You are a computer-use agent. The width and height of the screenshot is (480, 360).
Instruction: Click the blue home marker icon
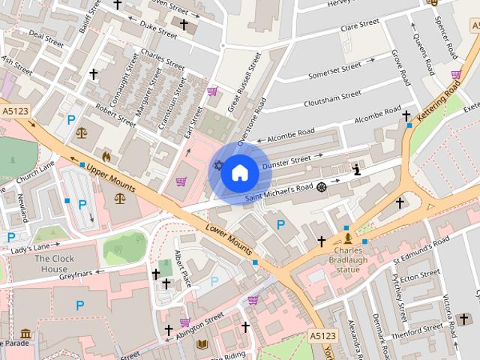click(239, 173)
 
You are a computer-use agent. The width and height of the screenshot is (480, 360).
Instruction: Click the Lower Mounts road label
click(228, 235)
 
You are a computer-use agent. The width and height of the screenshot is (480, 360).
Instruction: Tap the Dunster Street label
click(289, 160)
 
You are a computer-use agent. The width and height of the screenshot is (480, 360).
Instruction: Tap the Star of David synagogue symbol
click(218, 165)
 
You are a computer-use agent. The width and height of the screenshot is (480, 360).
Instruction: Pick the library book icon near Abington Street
click(201, 344)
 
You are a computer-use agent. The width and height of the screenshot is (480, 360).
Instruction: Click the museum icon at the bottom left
click(25, 333)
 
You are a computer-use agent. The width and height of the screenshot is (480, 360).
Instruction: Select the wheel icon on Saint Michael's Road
click(322, 186)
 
